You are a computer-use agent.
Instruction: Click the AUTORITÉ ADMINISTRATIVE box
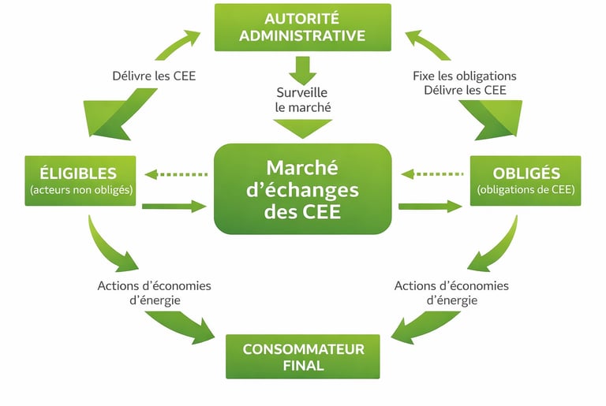[x=303, y=28]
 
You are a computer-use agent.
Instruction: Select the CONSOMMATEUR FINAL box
[x=303, y=357]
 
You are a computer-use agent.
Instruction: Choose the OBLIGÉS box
[x=526, y=181]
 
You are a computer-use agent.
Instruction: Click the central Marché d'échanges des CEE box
[x=303, y=189]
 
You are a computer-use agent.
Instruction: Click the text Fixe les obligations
[x=464, y=76]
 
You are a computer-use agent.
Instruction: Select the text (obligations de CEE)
[x=526, y=190]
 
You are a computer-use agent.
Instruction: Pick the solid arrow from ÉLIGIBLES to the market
[x=175, y=207]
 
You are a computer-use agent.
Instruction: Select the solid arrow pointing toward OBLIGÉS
[x=431, y=207]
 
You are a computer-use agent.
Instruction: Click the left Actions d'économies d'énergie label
[x=155, y=292]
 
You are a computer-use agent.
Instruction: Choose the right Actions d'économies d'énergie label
[x=451, y=292]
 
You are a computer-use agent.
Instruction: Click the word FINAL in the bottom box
[x=303, y=366]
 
